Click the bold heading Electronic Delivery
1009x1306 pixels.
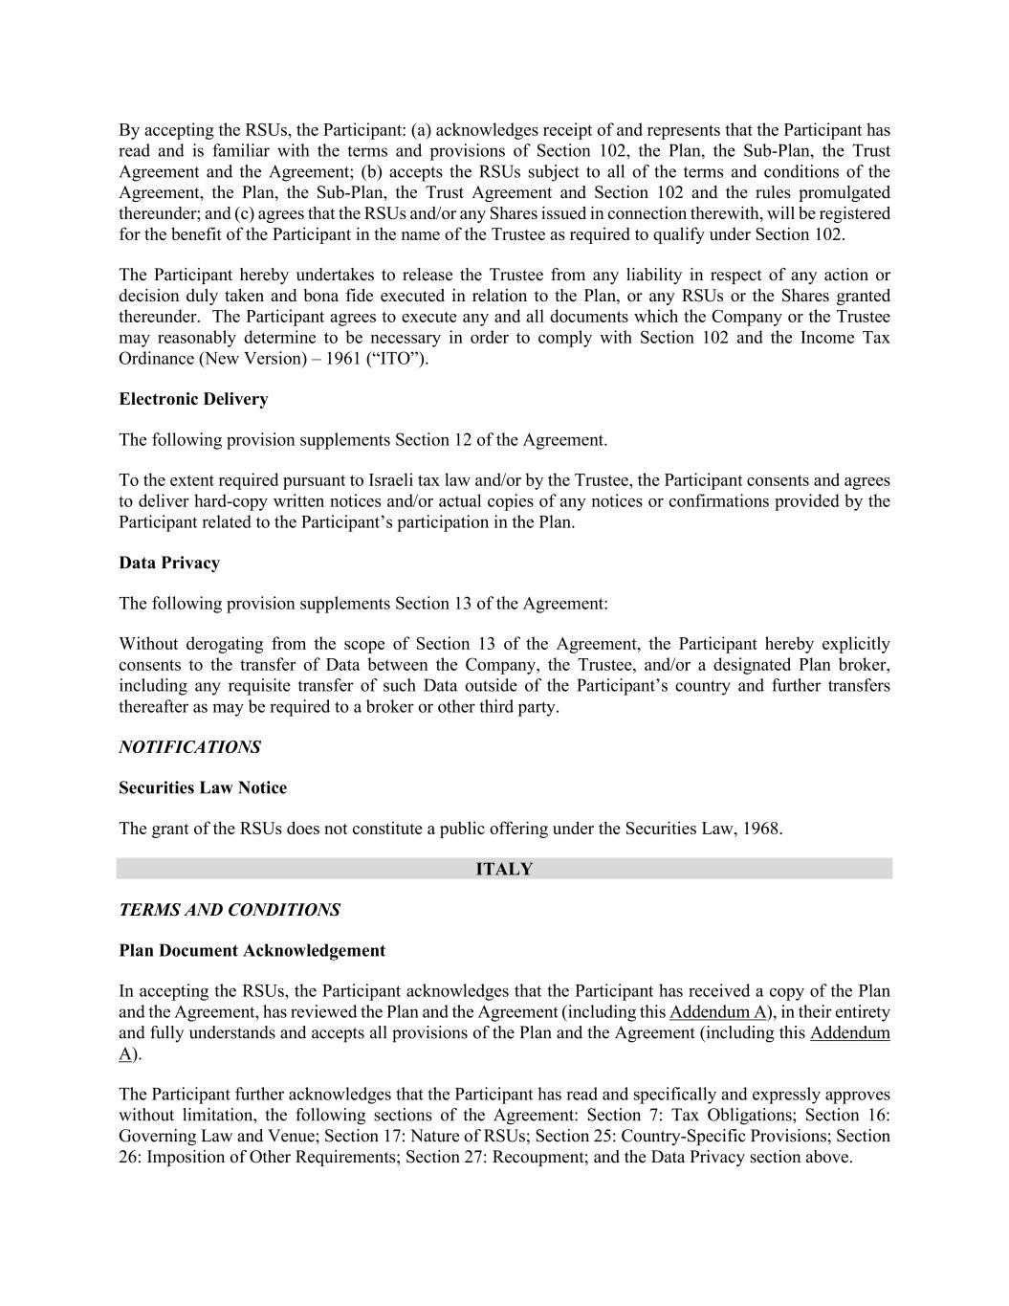[193, 399]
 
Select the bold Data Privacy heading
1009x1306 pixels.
[169, 563]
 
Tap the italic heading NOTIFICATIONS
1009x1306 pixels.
[189, 747]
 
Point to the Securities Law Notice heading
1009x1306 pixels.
[203, 787]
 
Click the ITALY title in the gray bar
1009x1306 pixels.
[504, 869]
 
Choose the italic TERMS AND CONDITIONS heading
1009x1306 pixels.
[230, 910]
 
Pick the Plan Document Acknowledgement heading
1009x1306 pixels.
[252, 950]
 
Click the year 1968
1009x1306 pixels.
[761, 829]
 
